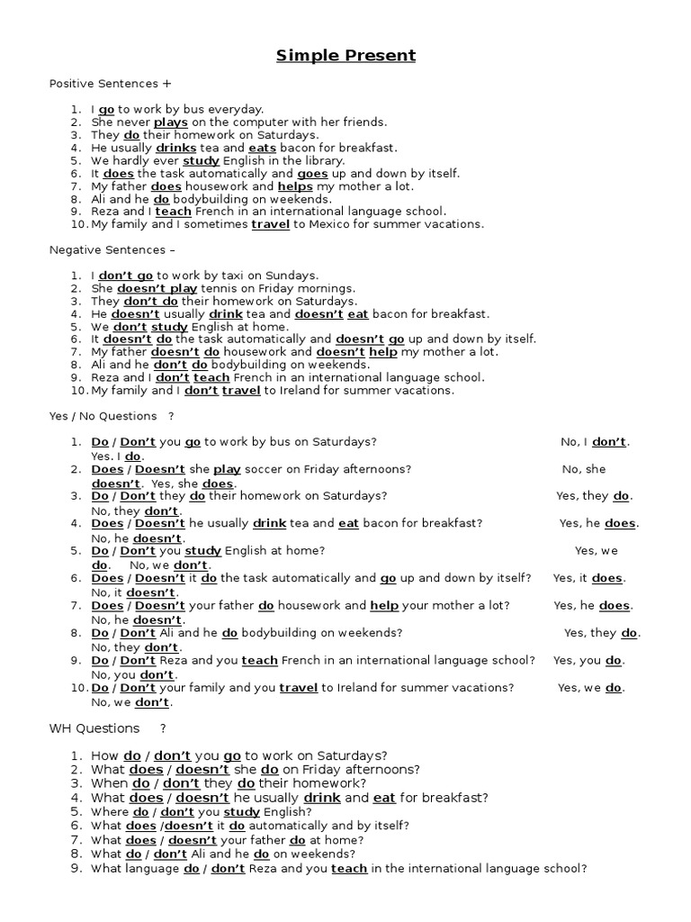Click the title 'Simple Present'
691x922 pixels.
345,56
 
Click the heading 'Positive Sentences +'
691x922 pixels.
110,84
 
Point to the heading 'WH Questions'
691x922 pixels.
94,728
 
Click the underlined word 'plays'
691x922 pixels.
170,122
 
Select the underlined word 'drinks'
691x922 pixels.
175,148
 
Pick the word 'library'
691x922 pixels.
323,160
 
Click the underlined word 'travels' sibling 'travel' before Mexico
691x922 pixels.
270,224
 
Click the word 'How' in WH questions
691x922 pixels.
104,755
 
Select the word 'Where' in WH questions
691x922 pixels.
108,811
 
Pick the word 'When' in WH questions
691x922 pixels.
108,783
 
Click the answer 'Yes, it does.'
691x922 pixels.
588,578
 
